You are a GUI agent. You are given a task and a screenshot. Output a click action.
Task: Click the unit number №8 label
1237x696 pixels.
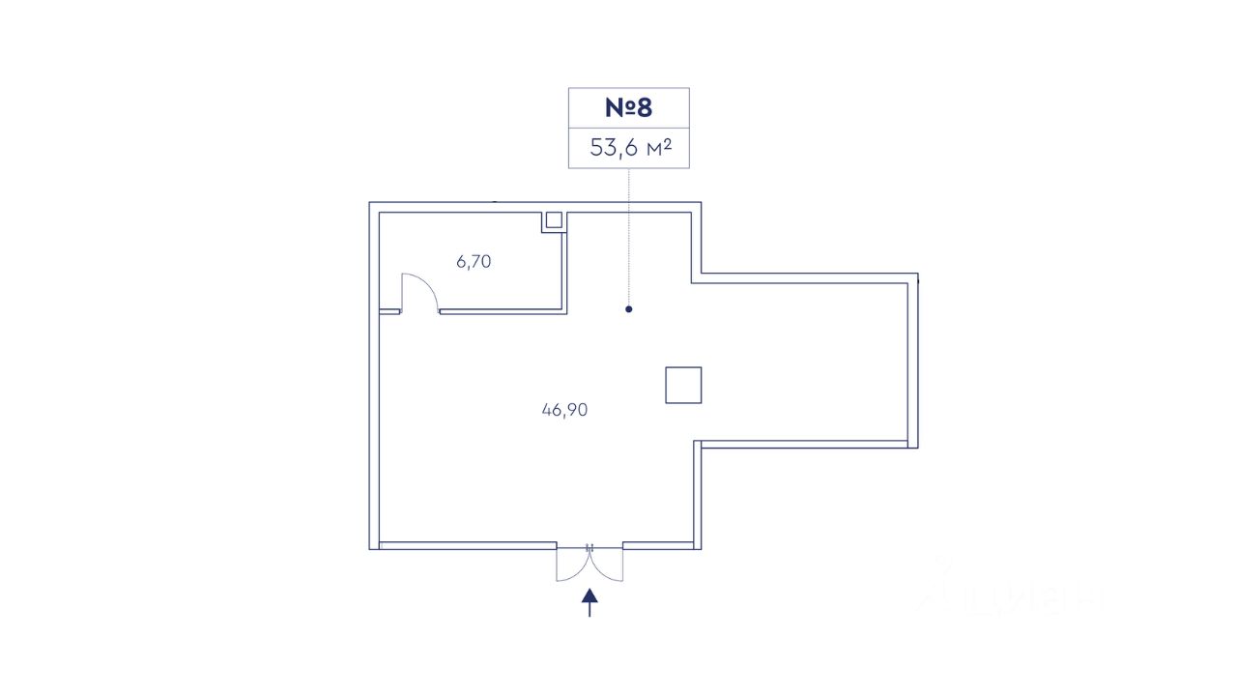[x=628, y=107]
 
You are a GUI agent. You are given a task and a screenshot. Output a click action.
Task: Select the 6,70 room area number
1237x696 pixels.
[x=474, y=261]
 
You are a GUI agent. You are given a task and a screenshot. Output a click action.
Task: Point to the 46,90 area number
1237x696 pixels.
[x=565, y=410]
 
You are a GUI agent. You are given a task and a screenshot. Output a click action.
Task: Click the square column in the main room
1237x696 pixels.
[x=683, y=385]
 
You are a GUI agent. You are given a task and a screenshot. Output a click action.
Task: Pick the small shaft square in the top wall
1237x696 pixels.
[x=554, y=219]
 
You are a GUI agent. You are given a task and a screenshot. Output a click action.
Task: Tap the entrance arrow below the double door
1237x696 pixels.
[x=590, y=604]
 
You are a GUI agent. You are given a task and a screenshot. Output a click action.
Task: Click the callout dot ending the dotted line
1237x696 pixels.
[x=629, y=309]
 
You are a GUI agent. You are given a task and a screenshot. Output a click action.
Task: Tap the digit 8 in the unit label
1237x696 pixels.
[x=645, y=107]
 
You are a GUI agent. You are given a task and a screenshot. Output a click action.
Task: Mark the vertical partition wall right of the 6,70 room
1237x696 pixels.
[x=565, y=261]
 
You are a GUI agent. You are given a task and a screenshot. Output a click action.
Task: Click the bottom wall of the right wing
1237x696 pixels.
[x=802, y=444]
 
